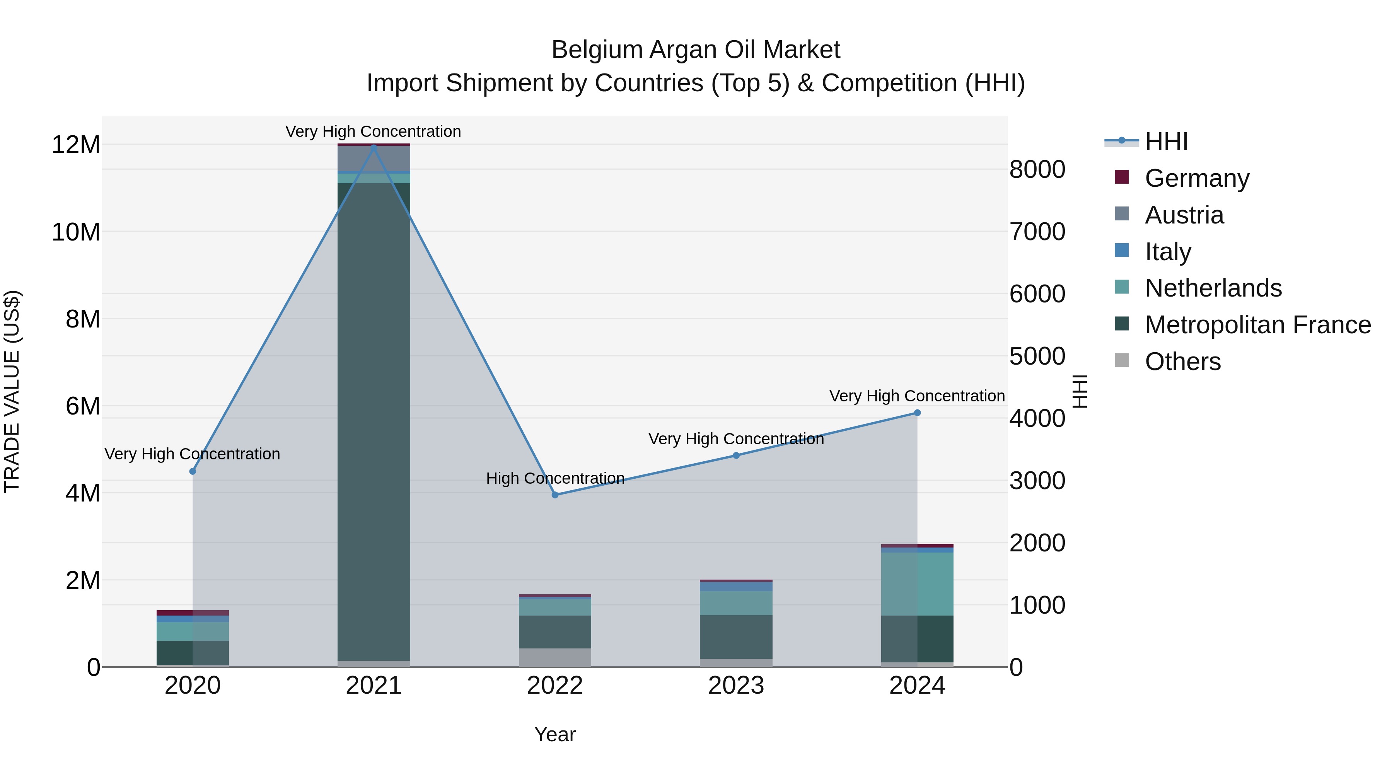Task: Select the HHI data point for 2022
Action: (x=555, y=495)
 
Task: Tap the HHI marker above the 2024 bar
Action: (x=917, y=413)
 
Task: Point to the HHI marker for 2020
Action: (x=193, y=471)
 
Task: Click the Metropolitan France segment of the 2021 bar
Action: (x=374, y=421)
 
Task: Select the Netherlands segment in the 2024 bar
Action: (x=917, y=583)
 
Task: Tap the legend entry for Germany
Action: (x=1196, y=178)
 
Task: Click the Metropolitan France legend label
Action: (x=1257, y=325)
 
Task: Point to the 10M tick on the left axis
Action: (x=76, y=232)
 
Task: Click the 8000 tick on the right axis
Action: (x=1037, y=170)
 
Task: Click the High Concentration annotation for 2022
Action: (x=555, y=478)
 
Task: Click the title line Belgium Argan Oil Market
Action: (x=696, y=50)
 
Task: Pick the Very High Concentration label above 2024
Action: (x=917, y=396)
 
